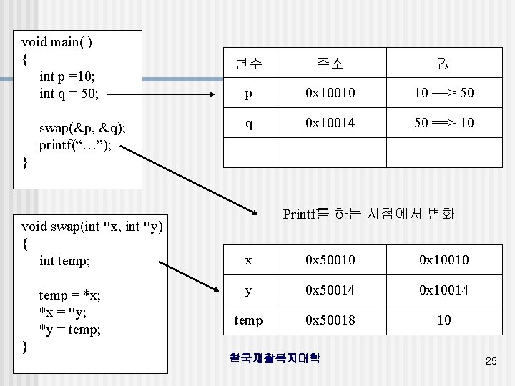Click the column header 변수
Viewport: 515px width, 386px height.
(x=248, y=64)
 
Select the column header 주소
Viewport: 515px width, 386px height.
(x=330, y=64)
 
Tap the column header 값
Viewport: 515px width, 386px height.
(x=443, y=64)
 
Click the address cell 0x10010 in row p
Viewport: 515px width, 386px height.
(x=330, y=94)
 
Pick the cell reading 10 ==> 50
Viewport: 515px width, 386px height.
(x=443, y=94)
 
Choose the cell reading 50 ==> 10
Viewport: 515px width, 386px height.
(x=443, y=124)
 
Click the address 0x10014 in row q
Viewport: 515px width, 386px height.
(x=330, y=124)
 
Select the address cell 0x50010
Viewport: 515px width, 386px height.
(x=330, y=260)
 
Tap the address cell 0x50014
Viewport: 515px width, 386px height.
(x=330, y=290)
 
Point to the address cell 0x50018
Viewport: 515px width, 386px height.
(x=330, y=320)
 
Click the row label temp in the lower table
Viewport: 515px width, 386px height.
(x=248, y=320)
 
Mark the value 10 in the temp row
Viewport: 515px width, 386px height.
(x=443, y=320)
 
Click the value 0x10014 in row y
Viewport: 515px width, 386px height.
(x=443, y=290)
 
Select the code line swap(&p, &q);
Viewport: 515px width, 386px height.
(x=82, y=128)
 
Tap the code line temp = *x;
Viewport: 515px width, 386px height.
(x=69, y=295)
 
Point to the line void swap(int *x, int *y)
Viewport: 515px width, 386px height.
(x=92, y=227)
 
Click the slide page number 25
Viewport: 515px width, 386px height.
(x=491, y=362)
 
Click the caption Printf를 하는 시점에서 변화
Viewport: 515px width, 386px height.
(x=368, y=214)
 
